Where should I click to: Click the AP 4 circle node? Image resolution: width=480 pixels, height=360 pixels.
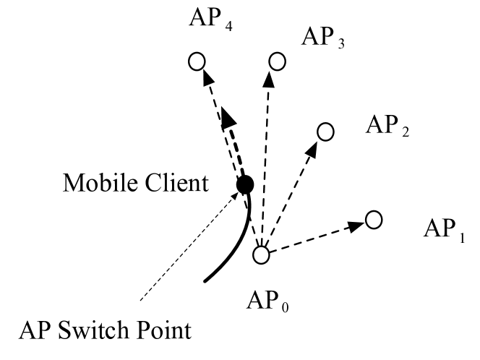point(196,61)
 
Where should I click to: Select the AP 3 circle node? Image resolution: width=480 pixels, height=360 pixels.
point(276,61)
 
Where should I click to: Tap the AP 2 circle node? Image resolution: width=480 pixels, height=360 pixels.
point(326,132)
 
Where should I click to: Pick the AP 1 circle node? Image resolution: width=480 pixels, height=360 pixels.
point(374,219)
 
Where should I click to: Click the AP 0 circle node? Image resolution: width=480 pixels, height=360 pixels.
point(261,254)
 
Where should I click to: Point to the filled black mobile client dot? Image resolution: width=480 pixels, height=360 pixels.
point(245,185)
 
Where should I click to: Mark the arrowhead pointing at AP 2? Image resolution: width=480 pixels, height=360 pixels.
point(314,148)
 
